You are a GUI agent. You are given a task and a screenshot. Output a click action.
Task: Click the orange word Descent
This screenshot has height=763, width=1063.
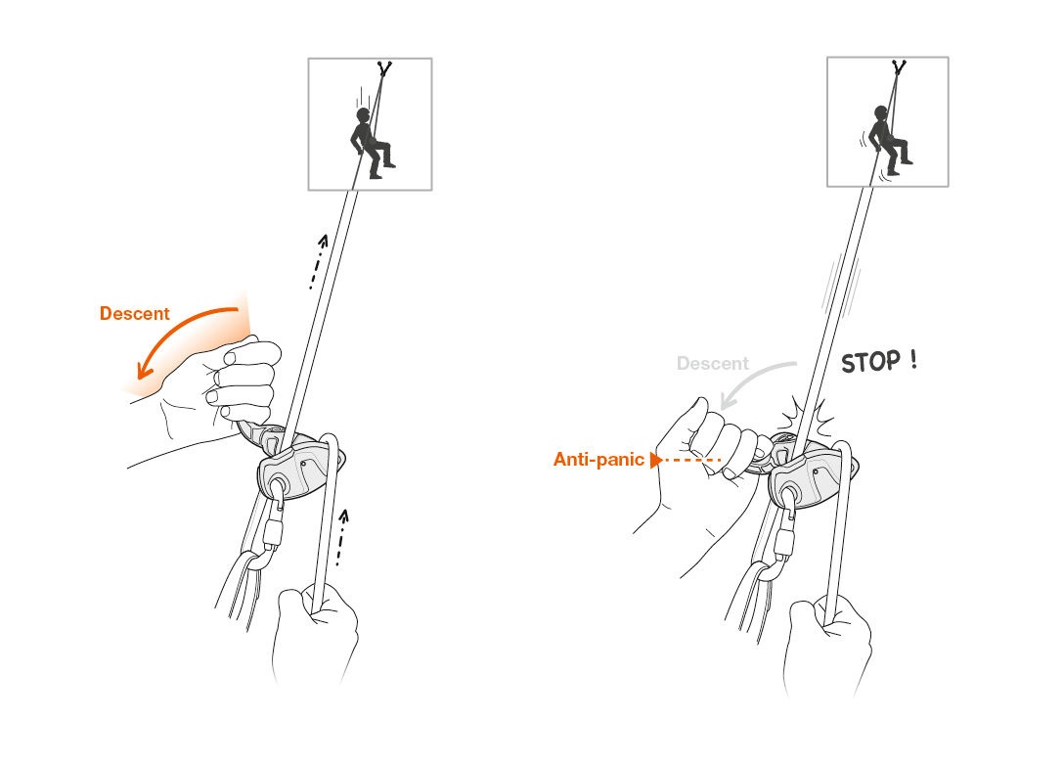pos(134,314)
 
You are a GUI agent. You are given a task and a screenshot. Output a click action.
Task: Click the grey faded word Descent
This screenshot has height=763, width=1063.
pos(712,364)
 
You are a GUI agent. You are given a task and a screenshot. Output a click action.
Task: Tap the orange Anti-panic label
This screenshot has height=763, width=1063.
pos(598,459)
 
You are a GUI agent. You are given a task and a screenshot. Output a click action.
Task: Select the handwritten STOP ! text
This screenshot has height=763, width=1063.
pos(879,362)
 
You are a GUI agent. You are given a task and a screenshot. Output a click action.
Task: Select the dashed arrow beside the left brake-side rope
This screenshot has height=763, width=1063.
pos(339,536)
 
